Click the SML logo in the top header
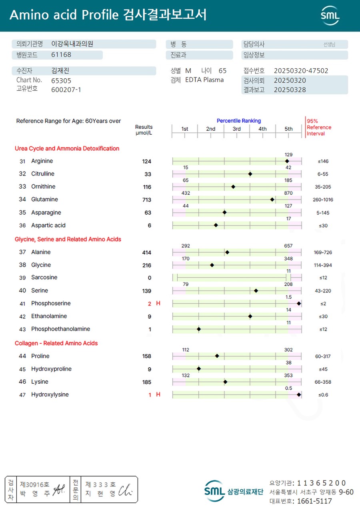pyautogui.click(x=330, y=15)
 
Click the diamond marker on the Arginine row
pyautogui.click(x=287, y=161)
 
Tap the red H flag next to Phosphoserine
pyautogui.click(x=158, y=303)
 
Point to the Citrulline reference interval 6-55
pyautogui.click(x=323, y=174)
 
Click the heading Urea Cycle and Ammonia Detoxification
pyautogui.click(x=67, y=149)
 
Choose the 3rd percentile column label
pyautogui.click(x=236, y=129)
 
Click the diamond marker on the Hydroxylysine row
pyautogui.click(x=299, y=394)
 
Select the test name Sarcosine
pyautogui.click(x=44, y=277)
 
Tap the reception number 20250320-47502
pyautogui.click(x=301, y=71)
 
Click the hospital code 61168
pyautogui.click(x=61, y=55)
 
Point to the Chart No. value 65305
pyautogui.click(x=61, y=80)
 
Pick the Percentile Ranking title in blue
pyautogui.click(x=238, y=121)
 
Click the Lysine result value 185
pyautogui.click(x=147, y=382)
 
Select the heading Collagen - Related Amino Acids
pyautogui.click(x=56, y=343)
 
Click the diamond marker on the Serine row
pyautogui.click(x=256, y=291)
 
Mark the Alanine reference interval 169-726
pyautogui.click(x=323, y=253)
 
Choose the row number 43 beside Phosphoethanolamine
pyautogui.click(x=22, y=329)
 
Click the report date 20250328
pyautogui.click(x=290, y=90)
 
